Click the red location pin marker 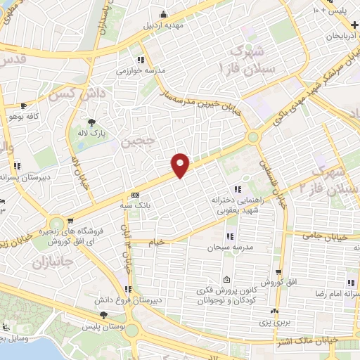[181, 165]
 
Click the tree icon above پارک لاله [91, 121]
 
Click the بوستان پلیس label [103, 328]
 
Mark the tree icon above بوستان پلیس [104, 316]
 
